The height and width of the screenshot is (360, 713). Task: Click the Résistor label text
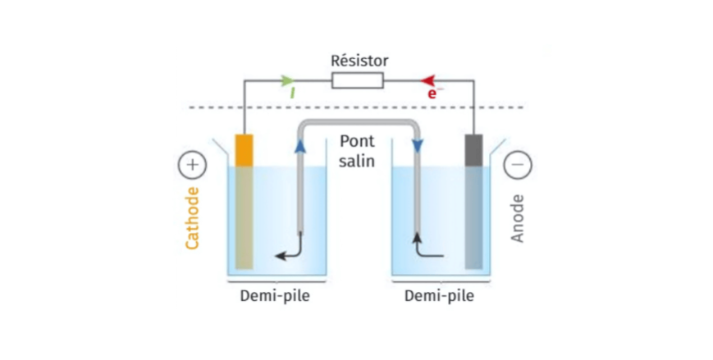[x=359, y=61]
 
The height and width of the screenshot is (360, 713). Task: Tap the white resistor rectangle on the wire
[x=357, y=80]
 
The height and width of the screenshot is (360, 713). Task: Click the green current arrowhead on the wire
[x=287, y=80]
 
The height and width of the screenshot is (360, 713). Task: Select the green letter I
[x=292, y=93]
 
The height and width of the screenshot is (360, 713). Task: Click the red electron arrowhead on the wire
[x=428, y=80]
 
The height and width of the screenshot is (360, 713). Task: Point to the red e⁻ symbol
[x=433, y=94]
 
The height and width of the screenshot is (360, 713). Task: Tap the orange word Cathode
[x=193, y=217]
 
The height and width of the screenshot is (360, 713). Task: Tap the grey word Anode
[x=519, y=218]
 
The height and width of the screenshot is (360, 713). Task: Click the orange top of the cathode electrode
[x=244, y=150]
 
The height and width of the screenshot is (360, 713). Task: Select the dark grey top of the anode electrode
[x=474, y=149]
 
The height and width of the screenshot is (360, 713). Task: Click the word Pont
[x=357, y=142]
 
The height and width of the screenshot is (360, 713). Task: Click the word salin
[x=357, y=161]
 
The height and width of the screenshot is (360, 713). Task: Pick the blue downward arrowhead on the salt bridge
[x=417, y=145]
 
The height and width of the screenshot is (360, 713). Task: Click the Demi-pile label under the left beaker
[x=275, y=296]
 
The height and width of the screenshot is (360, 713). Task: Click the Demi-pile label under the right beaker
[x=439, y=296]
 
